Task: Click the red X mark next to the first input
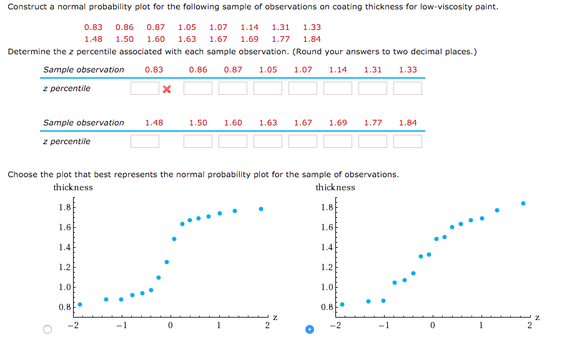click(x=167, y=89)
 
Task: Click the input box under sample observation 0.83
click(x=144, y=89)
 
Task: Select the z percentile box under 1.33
click(x=408, y=89)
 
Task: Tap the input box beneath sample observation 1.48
click(x=144, y=142)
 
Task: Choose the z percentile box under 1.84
click(x=408, y=142)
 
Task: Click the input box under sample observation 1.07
click(x=303, y=89)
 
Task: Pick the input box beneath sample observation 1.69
click(x=338, y=142)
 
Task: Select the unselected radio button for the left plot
click(x=47, y=329)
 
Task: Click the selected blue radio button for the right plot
click(x=309, y=329)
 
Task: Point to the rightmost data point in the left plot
click(x=261, y=209)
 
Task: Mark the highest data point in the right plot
click(x=523, y=203)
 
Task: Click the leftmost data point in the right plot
click(x=342, y=304)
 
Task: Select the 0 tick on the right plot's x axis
click(x=432, y=324)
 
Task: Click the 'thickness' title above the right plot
click(x=335, y=187)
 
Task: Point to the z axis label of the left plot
click(x=275, y=318)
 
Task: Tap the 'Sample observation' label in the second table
click(x=84, y=123)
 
